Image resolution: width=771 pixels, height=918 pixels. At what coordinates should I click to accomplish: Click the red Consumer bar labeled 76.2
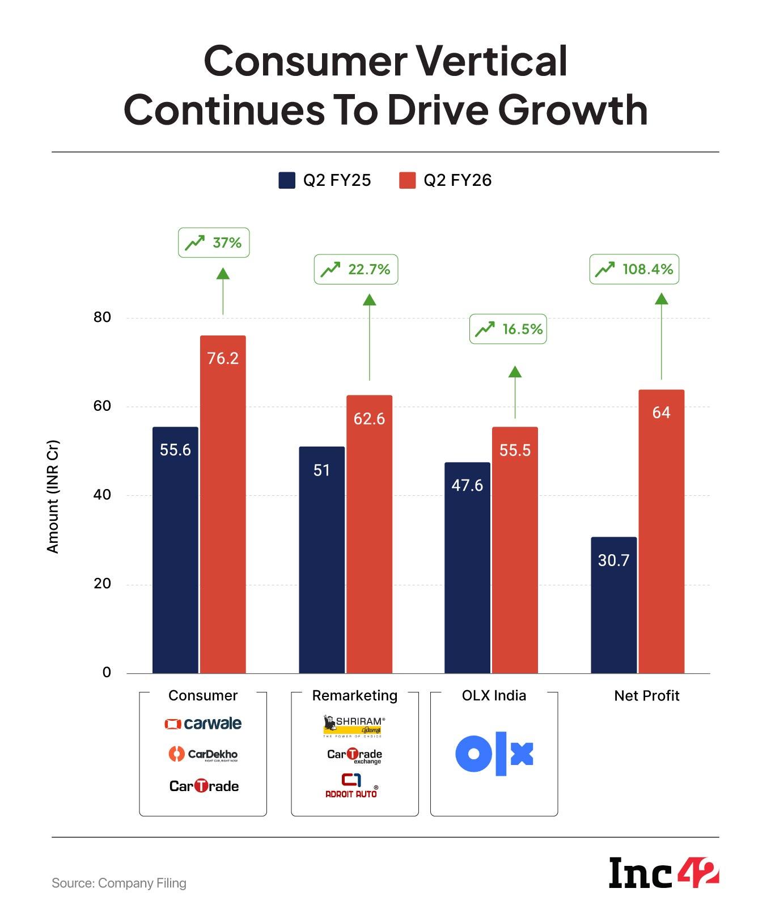(223, 504)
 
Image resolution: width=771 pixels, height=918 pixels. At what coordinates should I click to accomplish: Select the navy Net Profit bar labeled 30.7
(613, 605)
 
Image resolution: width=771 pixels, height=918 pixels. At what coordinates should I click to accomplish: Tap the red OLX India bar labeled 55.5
(515, 550)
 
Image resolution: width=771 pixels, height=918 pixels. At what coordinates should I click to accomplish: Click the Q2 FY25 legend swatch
(287, 180)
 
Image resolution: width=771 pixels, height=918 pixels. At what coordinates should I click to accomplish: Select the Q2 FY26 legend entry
(446, 180)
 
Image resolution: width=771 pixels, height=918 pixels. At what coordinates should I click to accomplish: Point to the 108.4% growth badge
(634, 269)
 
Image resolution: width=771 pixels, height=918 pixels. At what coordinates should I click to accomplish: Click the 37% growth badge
(214, 243)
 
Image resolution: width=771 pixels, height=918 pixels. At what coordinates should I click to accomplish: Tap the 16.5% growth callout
(508, 329)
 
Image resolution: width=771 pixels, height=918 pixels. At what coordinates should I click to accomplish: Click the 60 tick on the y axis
(103, 406)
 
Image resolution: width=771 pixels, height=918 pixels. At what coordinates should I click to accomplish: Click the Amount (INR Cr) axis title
(53, 496)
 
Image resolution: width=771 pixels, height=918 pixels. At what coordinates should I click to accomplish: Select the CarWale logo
(203, 724)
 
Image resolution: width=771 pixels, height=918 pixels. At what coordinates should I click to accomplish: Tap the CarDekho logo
(203, 754)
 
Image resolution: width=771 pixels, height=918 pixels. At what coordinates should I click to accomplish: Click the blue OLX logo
(494, 754)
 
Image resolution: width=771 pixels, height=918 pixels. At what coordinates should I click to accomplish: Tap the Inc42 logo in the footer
(663, 873)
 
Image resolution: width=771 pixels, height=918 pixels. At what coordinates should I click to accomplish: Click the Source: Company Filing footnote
(119, 883)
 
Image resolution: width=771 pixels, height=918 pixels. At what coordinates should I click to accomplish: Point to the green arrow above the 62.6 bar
(370, 337)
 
